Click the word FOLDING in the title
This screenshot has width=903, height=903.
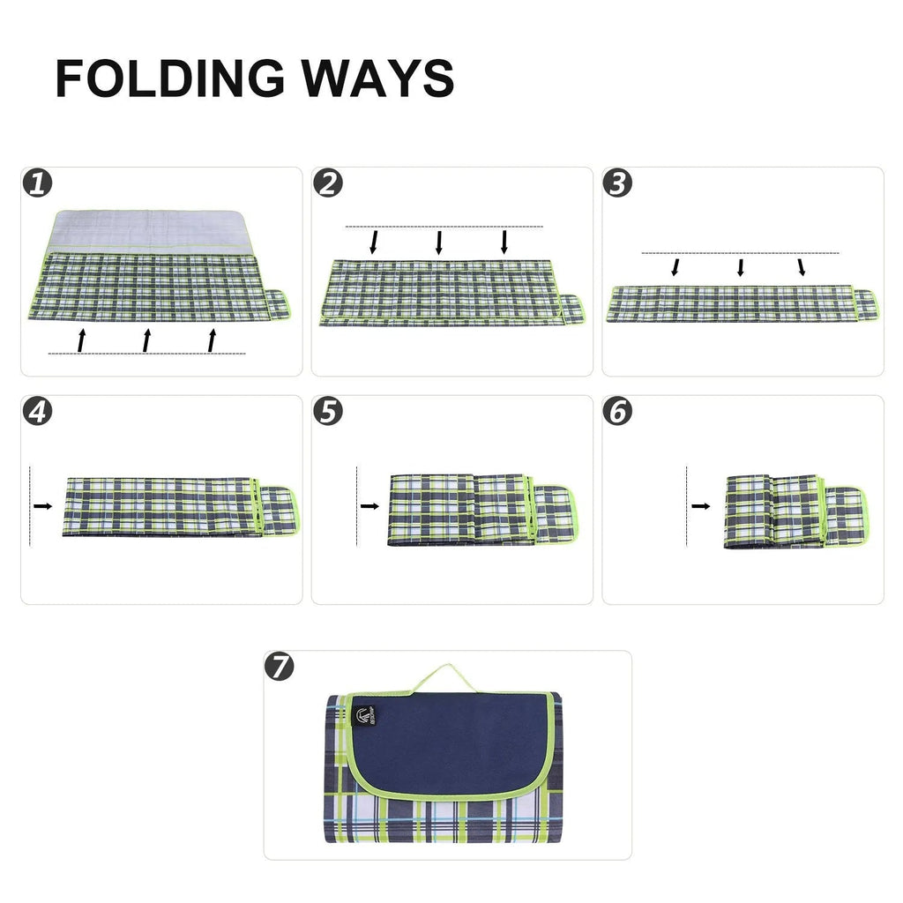(168, 78)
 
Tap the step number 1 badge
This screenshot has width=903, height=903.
(37, 183)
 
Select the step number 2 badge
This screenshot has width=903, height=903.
(328, 183)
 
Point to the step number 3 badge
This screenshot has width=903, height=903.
(619, 183)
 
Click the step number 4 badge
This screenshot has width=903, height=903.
(37, 412)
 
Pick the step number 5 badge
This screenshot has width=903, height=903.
(328, 412)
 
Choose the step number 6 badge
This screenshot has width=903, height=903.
(619, 412)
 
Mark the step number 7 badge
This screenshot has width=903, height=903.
(280, 667)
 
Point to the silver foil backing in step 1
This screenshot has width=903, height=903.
(150, 231)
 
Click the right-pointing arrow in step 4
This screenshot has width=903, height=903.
(43, 506)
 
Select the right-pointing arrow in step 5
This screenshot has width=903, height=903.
(369, 506)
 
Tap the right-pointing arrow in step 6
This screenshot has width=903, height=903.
(701, 506)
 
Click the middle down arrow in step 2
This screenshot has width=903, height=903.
(439, 243)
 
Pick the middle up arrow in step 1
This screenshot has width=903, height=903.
(146, 340)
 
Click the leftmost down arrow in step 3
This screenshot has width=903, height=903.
(675, 266)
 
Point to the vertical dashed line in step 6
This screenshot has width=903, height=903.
(686, 506)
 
